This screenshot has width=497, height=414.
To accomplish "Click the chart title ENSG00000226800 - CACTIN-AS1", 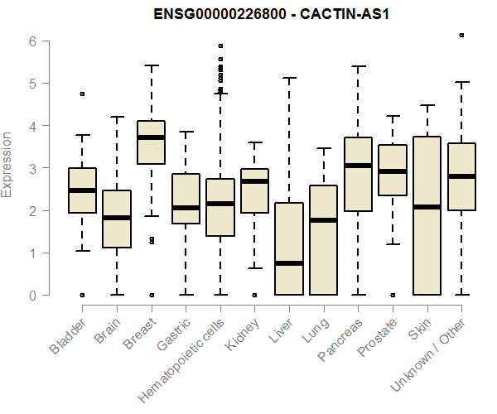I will tap(272, 16).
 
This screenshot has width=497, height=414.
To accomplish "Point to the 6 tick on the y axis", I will tap(32, 41).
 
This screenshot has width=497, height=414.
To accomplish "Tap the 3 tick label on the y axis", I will tap(32, 169).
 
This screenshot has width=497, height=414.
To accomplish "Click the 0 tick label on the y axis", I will tap(32, 296).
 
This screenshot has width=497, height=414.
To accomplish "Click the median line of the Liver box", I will tap(289, 263).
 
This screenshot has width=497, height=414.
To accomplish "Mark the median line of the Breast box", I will tap(151, 137).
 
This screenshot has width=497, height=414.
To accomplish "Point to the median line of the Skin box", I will tap(427, 207).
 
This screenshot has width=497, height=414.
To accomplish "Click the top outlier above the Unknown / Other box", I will tap(461, 36).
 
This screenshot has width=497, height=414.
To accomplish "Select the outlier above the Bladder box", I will tap(82, 94).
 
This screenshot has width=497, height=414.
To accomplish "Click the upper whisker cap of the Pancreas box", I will tap(358, 66).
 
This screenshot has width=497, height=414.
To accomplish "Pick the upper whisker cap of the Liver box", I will tap(289, 78).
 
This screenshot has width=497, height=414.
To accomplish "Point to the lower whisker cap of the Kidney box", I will tap(254, 268).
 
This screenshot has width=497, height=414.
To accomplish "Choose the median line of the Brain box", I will tap(117, 218).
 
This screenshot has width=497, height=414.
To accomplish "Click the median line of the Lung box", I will tap(323, 220).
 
